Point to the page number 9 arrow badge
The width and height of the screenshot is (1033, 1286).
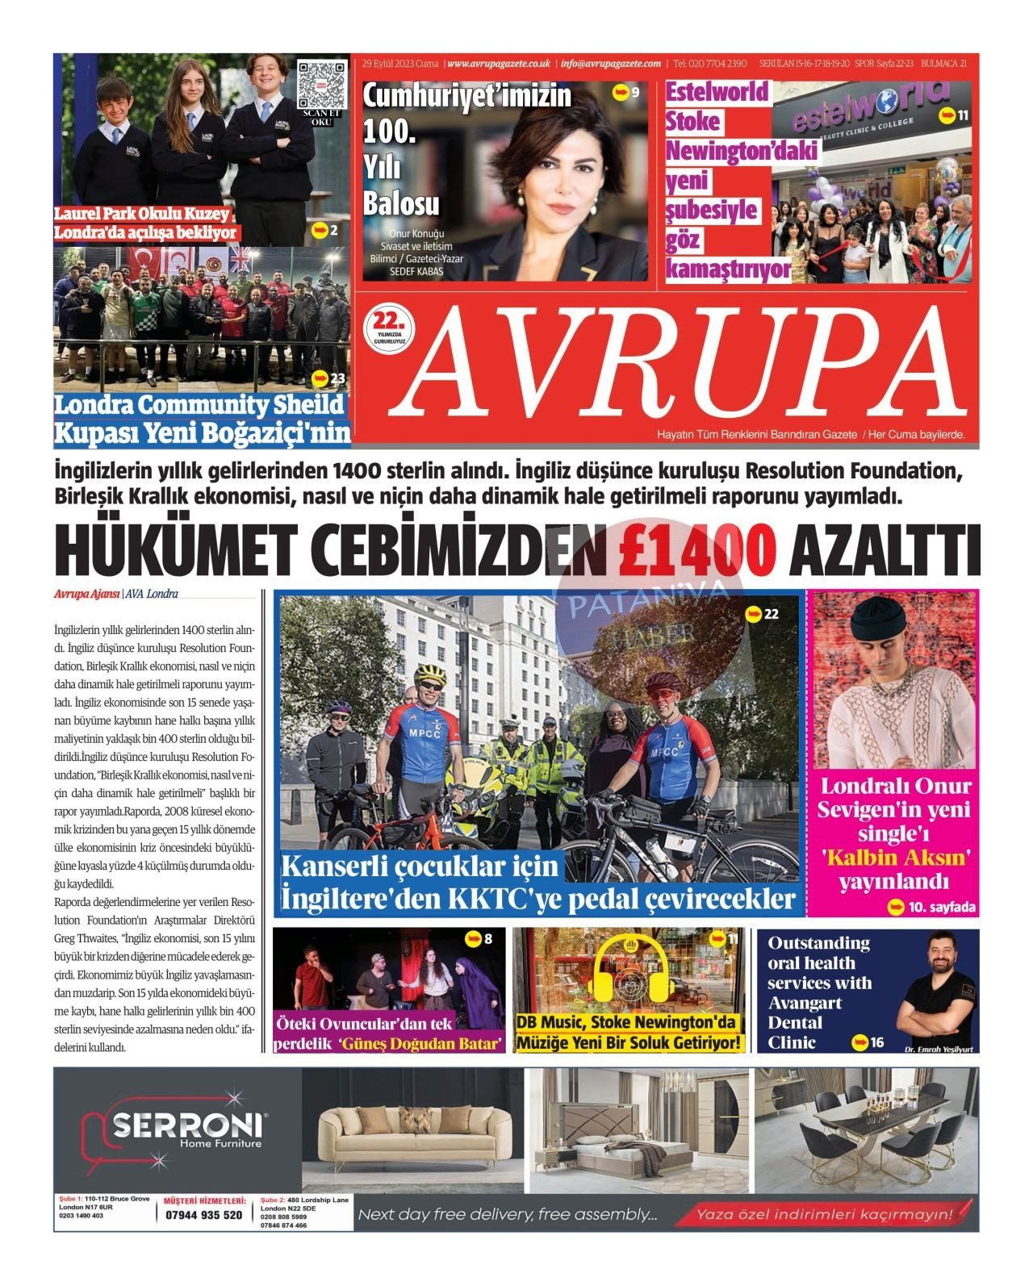(x=626, y=92)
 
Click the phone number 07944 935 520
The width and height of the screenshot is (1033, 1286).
(x=203, y=1215)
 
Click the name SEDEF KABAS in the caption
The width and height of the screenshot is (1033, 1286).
(x=416, y=271)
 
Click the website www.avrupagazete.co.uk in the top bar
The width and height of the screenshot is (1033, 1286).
(x=499, y=64)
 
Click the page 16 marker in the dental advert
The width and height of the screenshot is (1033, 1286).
(x=868, y=1042)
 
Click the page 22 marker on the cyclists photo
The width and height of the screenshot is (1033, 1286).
(x=761, y=614)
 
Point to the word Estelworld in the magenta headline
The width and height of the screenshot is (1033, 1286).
(x=717, y=92)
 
